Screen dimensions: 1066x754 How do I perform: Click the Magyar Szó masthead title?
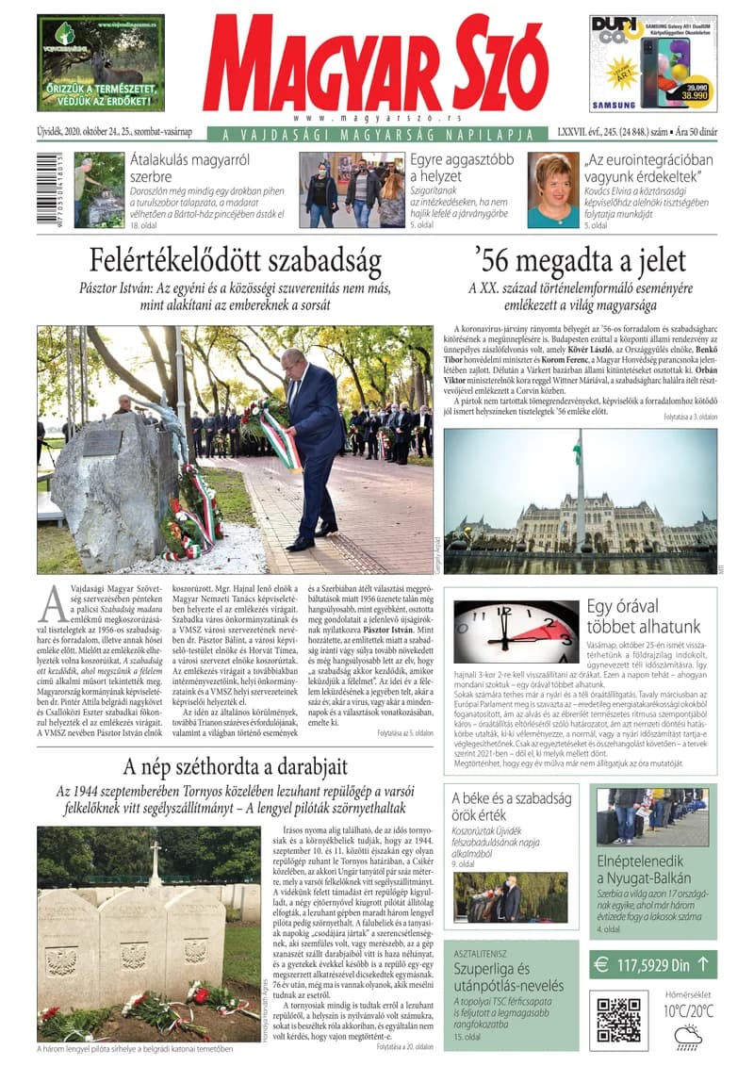pyautogui.click(x=374, y=64)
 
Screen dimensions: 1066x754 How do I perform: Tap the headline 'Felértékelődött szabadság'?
pyautogui.click(x=235, y=260)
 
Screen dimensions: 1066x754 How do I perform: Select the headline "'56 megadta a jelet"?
pyautogui.click(x=581, y=260)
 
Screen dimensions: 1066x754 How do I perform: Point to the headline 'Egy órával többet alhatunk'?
pyautogui.click(x=644, y=616)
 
